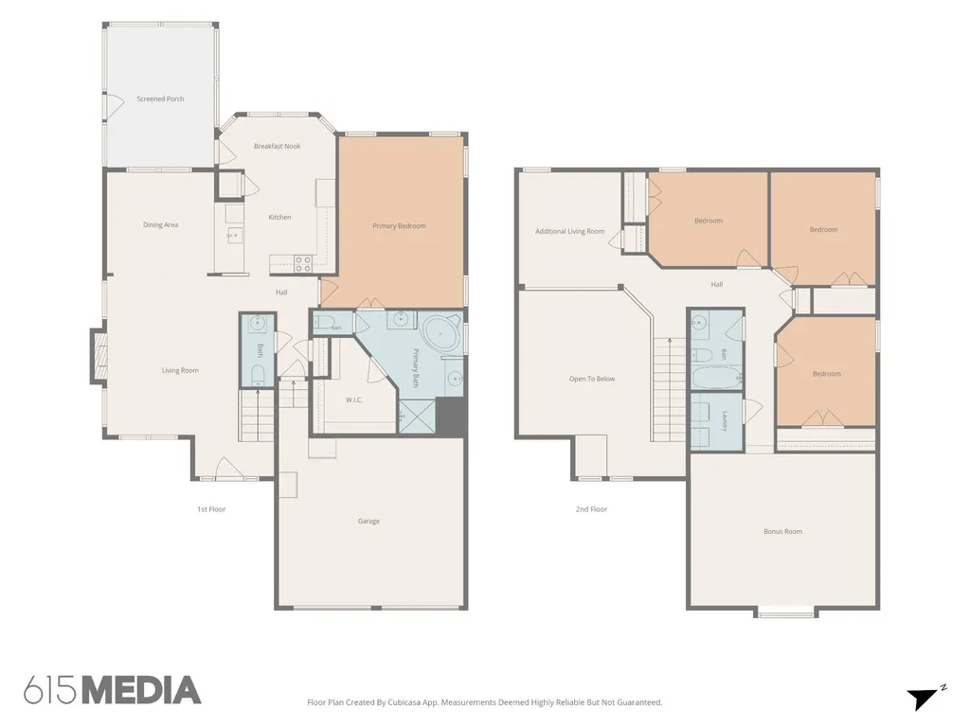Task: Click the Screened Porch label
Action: [x=160, y=98]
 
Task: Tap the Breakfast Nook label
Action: [x=278, y=147]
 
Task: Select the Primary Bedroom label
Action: [x=399, y=226]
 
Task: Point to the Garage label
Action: [x=368, y=522]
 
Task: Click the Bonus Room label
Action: [x=782, y=532]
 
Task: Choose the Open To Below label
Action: [x=592, y=379]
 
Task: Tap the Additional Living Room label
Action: [x=569, y=231]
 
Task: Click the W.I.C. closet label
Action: [x=354, y=400]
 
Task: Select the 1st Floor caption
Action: [x=211, y=509]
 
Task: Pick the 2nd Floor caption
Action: [x=591, y=509]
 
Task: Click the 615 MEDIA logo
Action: [x=113, y=690]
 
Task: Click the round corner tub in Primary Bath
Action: [x=440, y=335]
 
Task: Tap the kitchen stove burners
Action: [x=302, y=264]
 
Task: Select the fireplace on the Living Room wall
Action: [x=99, y=356]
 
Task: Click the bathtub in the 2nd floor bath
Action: [x=716, y=377]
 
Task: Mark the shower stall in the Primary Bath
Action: [x=417, y=417]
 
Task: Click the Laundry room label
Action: [x=725, y=421]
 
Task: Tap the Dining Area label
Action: [x=160, y=225]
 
